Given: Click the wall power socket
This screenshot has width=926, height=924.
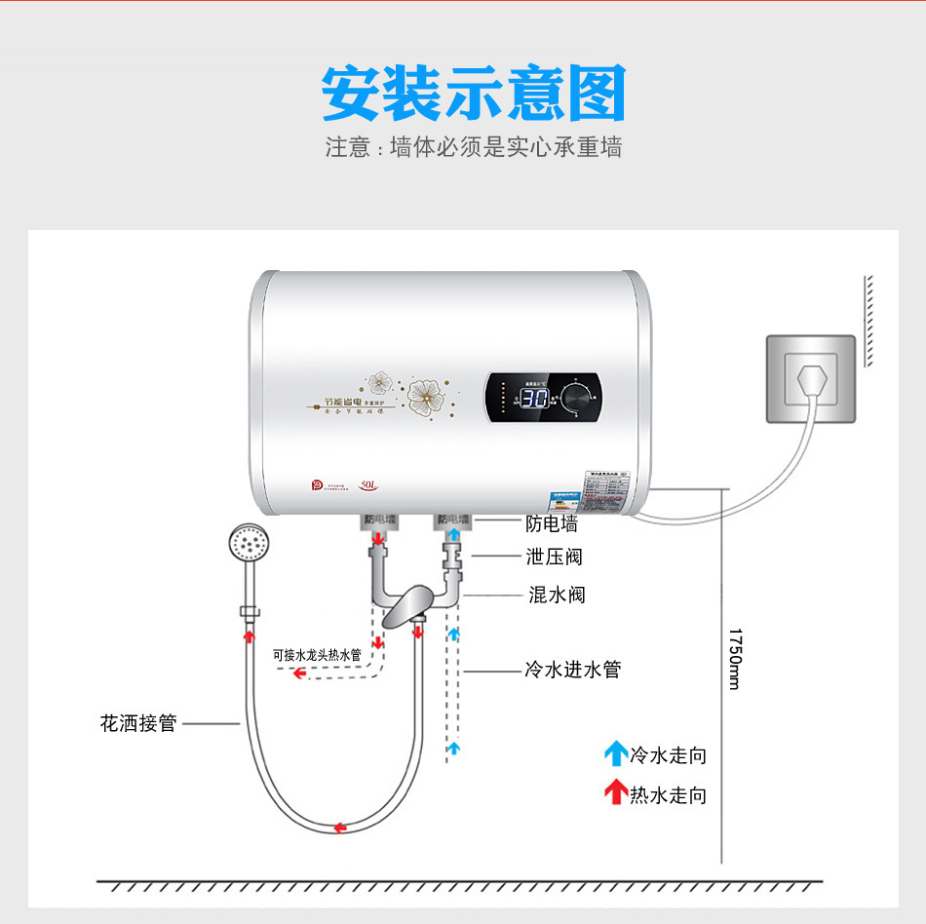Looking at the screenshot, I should tap(810, 378).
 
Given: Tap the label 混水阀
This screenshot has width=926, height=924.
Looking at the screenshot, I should tap(557, 595).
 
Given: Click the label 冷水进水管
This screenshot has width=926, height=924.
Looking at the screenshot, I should tap(572, 670).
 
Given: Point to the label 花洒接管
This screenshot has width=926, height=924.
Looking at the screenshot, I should tap(138, 723).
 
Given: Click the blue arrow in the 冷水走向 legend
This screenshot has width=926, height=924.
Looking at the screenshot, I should tap(615, 753).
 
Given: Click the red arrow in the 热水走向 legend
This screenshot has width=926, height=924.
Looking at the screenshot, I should tap(615, 792).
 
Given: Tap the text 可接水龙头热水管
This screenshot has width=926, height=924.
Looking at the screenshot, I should tap(317, 655).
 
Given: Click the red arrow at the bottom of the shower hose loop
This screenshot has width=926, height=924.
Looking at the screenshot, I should tap(340, 828).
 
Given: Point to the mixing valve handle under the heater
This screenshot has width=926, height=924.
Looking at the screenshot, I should tap(406, 606).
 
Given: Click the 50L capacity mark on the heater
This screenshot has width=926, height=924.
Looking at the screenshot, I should tap(368, 482).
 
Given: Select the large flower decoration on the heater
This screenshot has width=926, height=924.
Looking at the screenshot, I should tap(425, 396).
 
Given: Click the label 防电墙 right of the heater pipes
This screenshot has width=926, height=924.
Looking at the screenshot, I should tap(552, 524).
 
